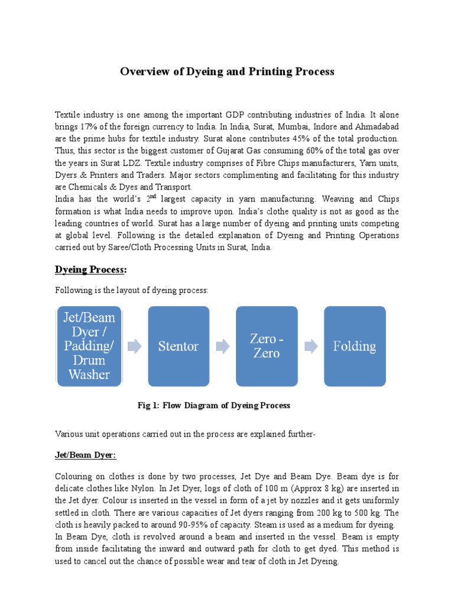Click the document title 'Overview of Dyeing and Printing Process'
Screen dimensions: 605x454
[227, 71]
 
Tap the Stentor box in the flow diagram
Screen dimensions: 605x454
[178, 346]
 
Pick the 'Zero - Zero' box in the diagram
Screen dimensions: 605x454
[267, 346]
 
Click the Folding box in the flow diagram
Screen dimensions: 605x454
[355, 346]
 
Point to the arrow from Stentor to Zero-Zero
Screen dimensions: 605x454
[222, 347]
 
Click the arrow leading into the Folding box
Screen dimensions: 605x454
[310, 347]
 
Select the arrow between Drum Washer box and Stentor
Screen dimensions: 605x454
[134, 347]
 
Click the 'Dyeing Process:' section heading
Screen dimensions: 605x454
[90, 270]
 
